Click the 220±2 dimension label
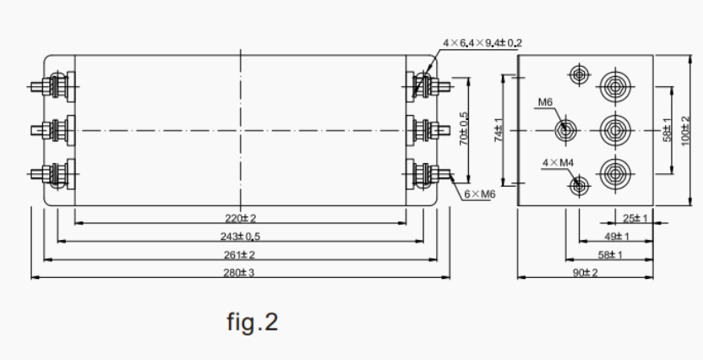[242, 219]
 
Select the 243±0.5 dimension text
[242, 237]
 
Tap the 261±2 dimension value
[242, 254]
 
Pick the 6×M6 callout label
[479, 194]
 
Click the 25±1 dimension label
[635, 219]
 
